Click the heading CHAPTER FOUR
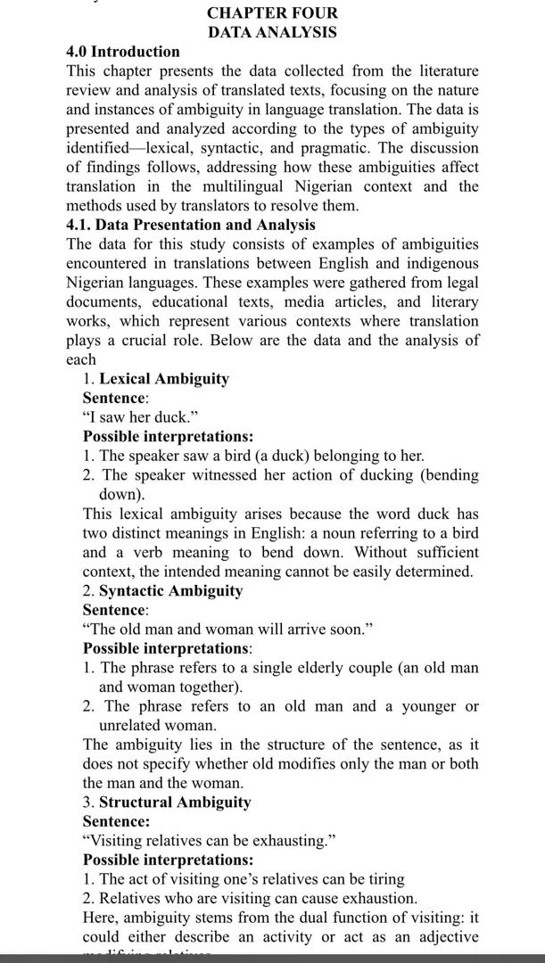click(272, 13)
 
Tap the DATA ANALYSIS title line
click(272, 32)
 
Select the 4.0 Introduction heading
click(122, 52)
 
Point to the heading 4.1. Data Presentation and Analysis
click(191, 225)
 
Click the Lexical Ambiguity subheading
click(163, 379)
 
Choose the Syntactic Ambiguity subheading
click(170, 590)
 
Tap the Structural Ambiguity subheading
click(175, 802)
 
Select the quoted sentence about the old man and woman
click(227, 630)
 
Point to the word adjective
click(443, 937)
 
